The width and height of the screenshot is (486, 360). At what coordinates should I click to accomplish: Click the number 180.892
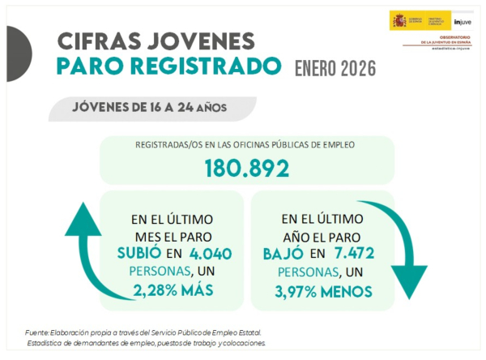tap(246, 169)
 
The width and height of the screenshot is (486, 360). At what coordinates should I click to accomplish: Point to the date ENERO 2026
tap(335, 69)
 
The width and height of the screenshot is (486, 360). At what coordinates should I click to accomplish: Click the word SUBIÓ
tap(140, 254)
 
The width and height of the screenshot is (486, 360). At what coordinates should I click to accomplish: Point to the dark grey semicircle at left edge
tap(14, 54)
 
